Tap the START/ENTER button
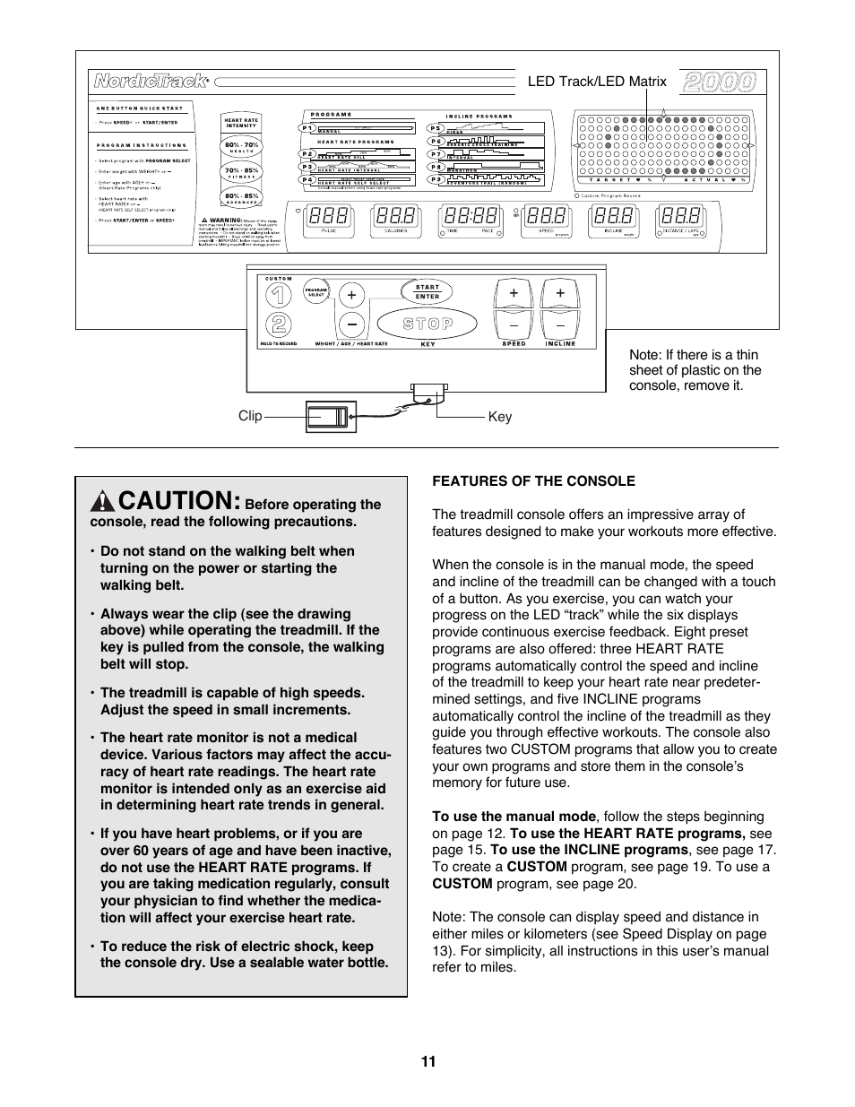coord(427,292)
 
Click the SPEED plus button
coord(514,293)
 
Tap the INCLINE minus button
coord(560,324)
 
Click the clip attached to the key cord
coord(331,417)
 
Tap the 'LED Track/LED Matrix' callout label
coord(597,82)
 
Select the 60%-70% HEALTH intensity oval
coord(241,147)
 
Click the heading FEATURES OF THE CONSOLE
coord(533,480)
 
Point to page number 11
coord(427,1062)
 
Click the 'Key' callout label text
coord(500,417)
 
